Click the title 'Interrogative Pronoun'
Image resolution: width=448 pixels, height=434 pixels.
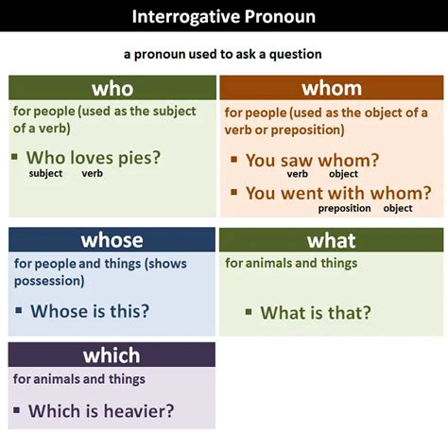(x=223, y=16)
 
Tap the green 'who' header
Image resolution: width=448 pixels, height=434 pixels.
(x=112, y=89)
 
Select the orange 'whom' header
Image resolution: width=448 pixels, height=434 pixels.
(x=332, y=88)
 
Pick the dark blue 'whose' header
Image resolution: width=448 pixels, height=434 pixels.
(x=112, y=239)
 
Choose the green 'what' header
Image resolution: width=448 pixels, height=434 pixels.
(x=332, y=240)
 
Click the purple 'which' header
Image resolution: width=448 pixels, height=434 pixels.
(x=112, y=355)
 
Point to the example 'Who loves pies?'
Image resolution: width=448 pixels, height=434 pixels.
(x=94, y=157)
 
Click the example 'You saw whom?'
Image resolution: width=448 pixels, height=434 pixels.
(x=312, y=161)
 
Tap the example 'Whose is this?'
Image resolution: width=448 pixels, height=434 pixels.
(x=90, y=310)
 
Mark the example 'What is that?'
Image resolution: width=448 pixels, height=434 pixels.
(x=316, y=312)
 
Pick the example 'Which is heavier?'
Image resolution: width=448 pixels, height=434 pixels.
(x=101, y=410)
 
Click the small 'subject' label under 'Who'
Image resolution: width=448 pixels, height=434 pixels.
(x=46, y=174)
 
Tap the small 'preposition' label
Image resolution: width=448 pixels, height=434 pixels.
(x=344, y=208)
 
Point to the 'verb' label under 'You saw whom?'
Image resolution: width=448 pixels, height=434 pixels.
(x=298, y=174)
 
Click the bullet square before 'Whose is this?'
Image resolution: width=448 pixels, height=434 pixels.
(x=18, y=310)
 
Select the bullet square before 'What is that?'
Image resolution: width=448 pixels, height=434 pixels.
(x=249, y=312)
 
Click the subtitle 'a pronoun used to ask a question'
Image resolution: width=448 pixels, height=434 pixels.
(x=223, y=55)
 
